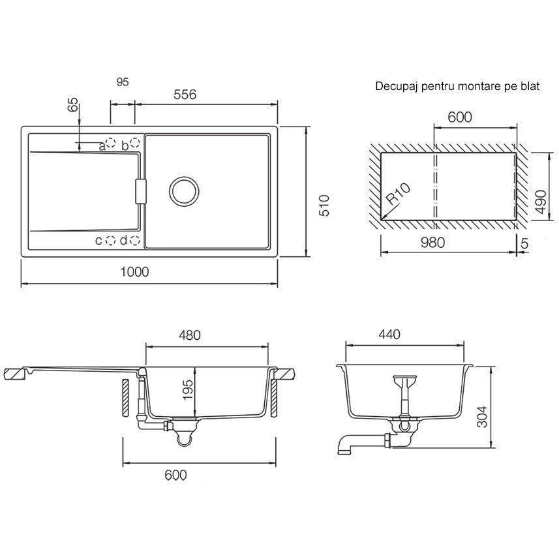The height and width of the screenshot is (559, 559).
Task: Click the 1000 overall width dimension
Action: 134,272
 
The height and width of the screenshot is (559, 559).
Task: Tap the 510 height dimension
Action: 324,205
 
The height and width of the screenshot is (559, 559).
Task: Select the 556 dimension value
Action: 185,95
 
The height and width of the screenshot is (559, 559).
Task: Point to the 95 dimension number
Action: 122,82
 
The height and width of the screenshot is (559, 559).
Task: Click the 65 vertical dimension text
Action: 72,105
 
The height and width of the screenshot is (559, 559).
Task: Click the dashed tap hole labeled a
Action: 111,143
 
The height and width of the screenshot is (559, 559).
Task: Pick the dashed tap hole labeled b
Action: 134,143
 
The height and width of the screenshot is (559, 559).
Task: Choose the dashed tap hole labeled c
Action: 111,241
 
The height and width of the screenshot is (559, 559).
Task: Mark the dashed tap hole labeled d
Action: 134,241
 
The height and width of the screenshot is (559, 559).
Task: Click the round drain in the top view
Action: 184,190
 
